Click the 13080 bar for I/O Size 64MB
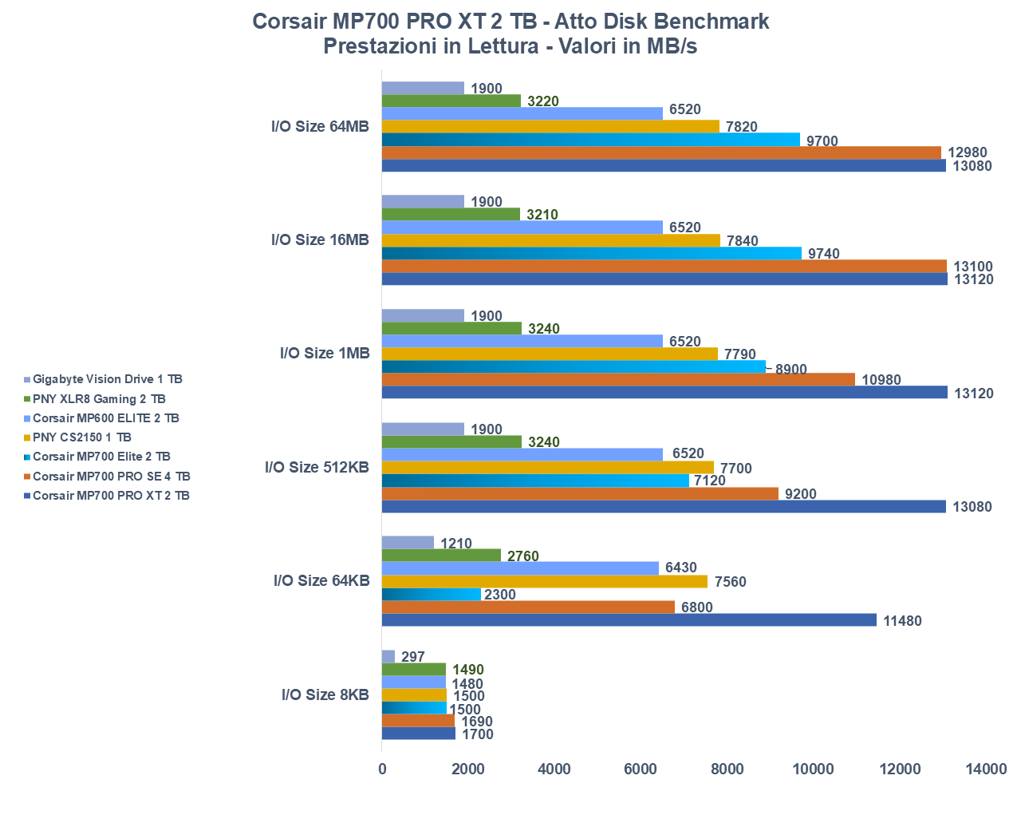pos(664,166)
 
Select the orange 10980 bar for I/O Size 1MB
pos(618,380)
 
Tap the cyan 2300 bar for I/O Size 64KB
pos(432,595)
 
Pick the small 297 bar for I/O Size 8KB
pos(388,656)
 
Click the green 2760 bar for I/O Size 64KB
pos(441,556)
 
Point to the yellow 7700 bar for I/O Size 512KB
pos(548,468)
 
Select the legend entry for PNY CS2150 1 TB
pos(82,437)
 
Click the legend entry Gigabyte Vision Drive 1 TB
pos(108,379)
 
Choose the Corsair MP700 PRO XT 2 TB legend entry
pos(111,496)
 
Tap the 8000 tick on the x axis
pos(727,770)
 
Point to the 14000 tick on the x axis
pos(986,770)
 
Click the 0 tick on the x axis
pos(382,770)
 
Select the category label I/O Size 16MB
pos(320,239)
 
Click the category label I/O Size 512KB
pos(317,467)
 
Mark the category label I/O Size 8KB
pos(325,694)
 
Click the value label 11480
pos(902,621)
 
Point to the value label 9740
pos(824,254)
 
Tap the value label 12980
pos(967,153)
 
